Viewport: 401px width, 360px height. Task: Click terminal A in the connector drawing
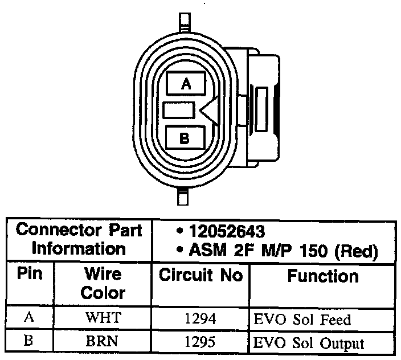pos(185,84)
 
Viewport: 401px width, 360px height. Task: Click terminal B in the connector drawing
pos(185,137)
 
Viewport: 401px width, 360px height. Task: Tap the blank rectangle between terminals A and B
pos(179,111)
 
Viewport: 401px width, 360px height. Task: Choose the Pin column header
pos(30,275)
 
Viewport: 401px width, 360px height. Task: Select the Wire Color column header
pos(103,283)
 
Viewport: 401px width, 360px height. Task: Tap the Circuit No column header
pos(200,276)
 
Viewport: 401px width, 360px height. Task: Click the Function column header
pos(323,276)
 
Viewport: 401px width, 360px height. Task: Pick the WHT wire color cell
pos(103,318)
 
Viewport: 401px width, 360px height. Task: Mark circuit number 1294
pos(200,318)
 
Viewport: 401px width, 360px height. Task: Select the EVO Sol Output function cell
pos(308,343)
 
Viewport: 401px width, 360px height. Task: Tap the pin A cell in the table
pos(30,318)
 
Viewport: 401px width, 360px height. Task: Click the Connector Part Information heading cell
pos(79,240)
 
